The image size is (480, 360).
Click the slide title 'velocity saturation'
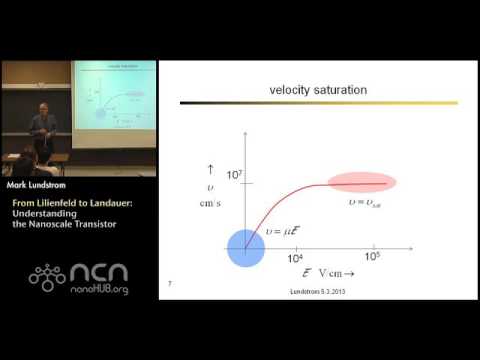(318, 90)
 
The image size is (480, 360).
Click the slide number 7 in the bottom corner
(171, 285)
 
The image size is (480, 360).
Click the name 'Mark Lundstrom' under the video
(39, 185)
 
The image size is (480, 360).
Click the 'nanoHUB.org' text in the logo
(98, 290)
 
